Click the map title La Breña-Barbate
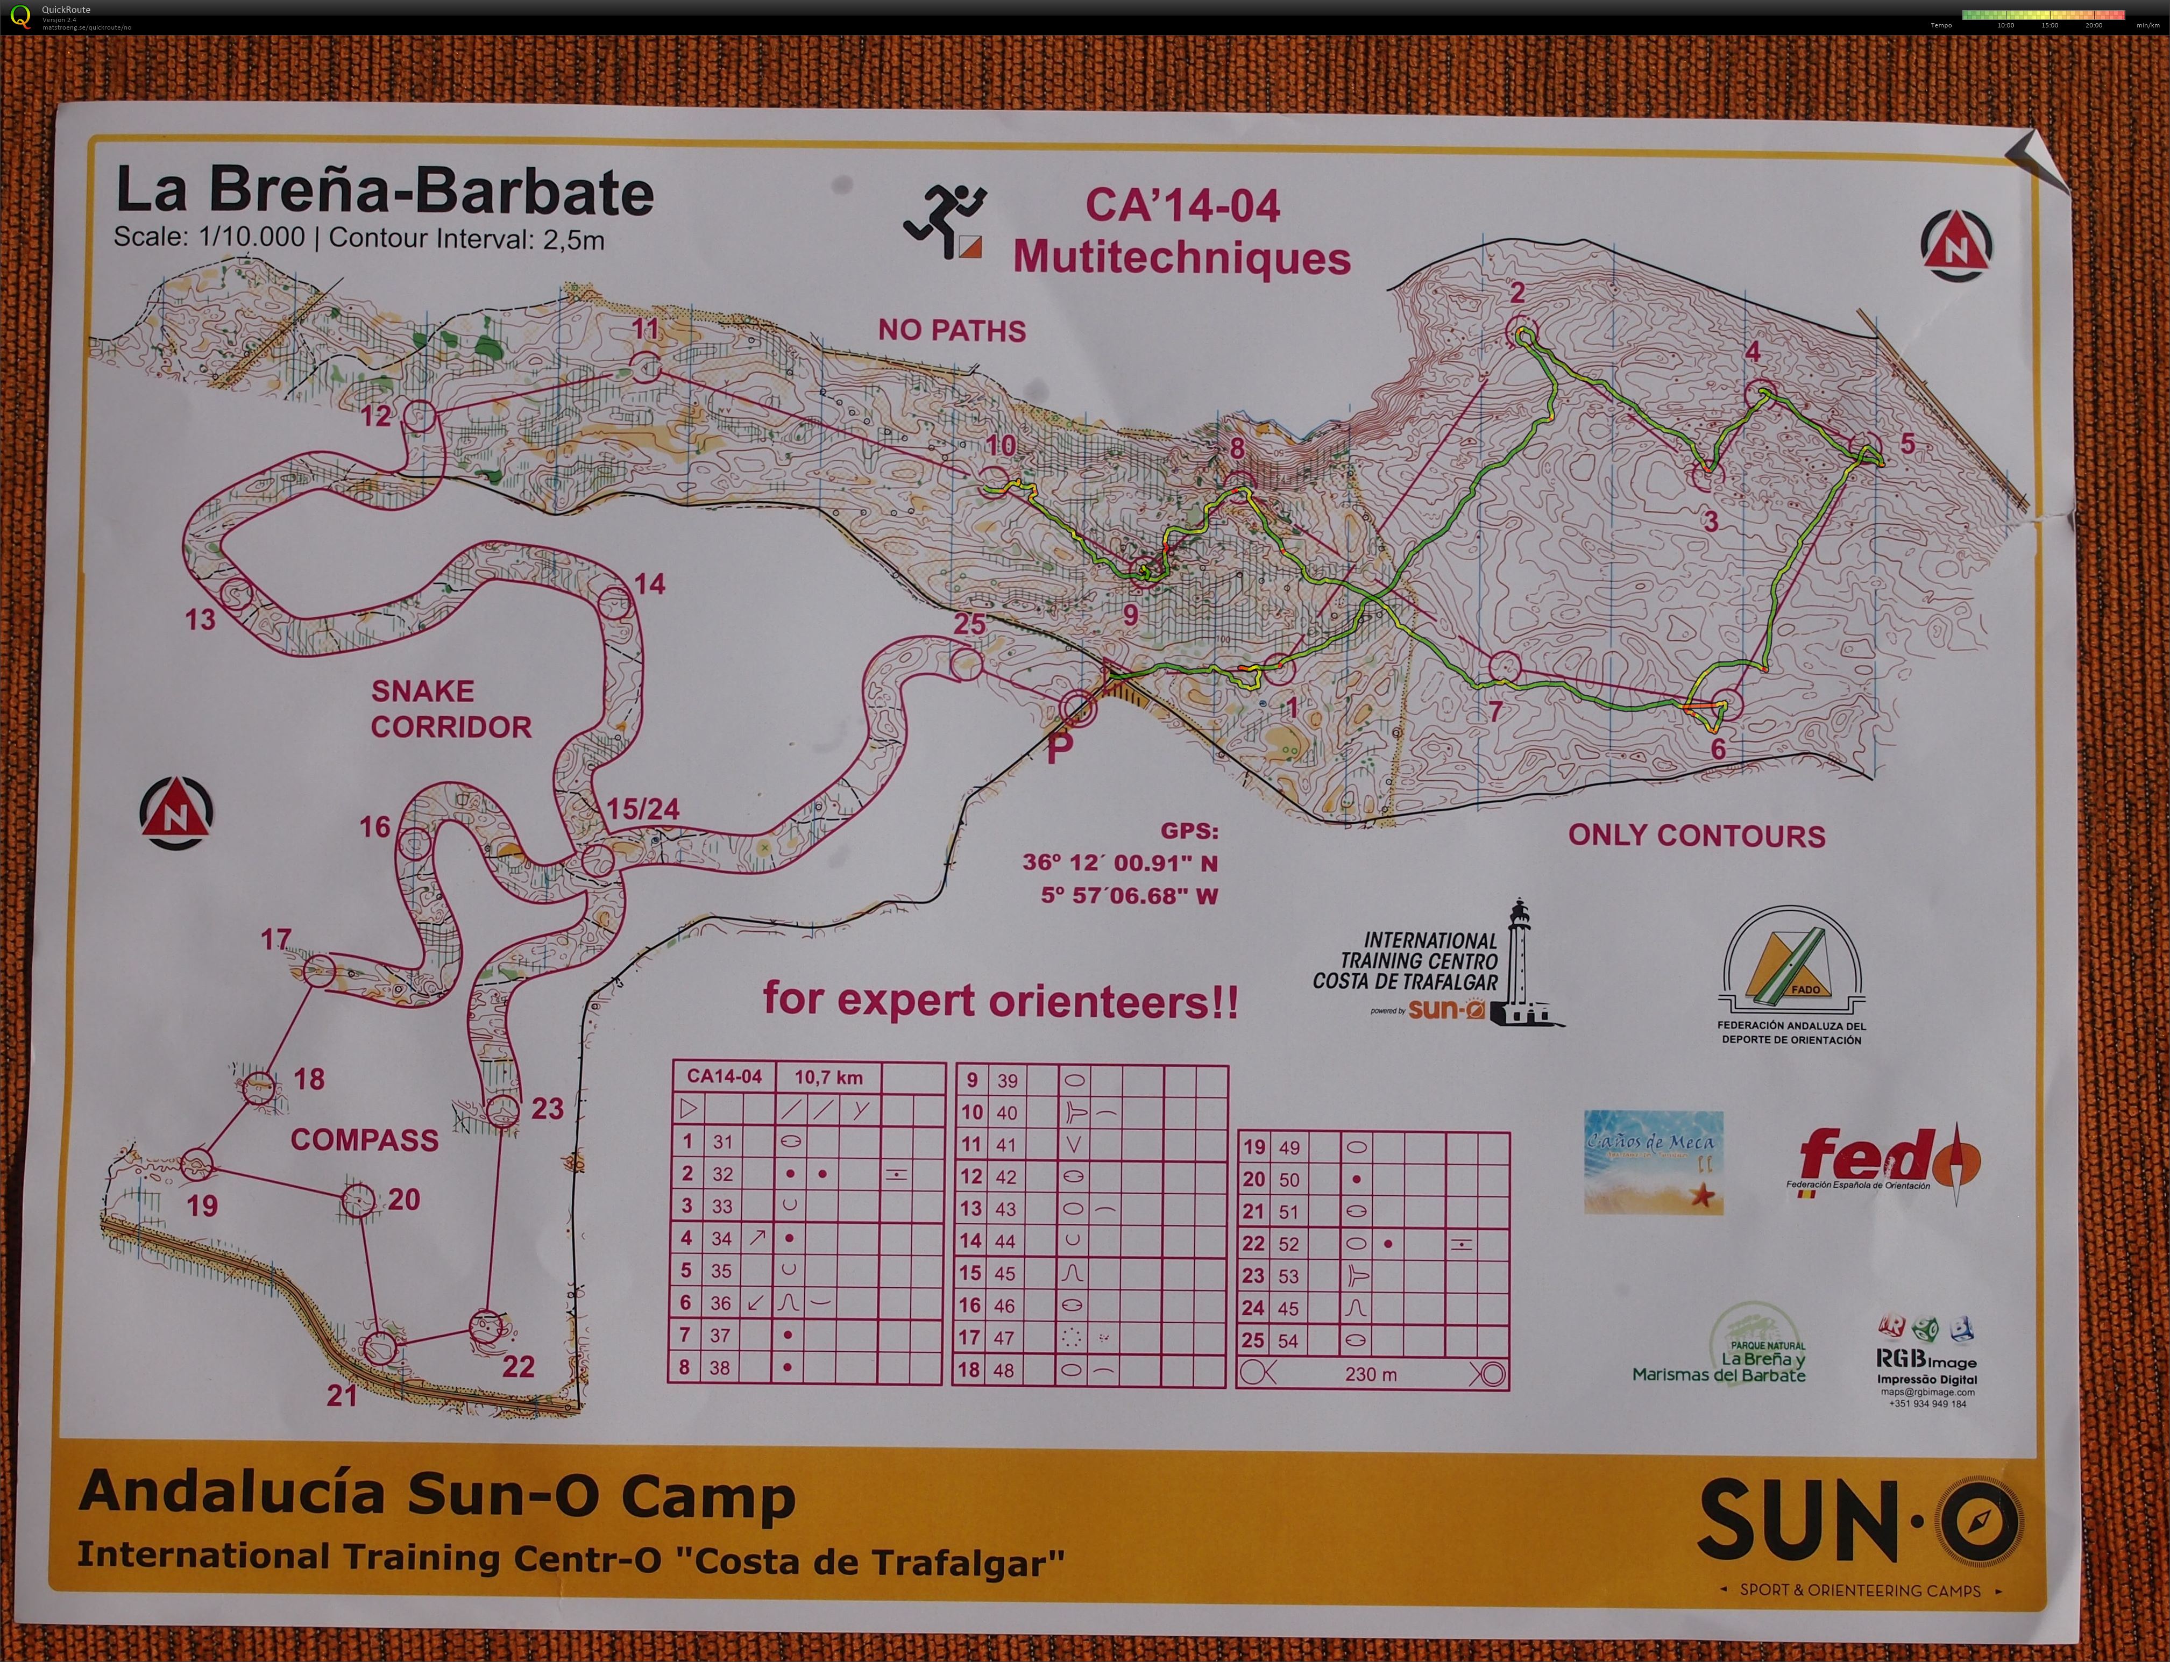coord(384,191)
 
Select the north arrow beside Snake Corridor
coord(176,813)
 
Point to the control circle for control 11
coord(644,367)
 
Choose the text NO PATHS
coord(951,331)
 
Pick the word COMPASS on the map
coord(364,1140)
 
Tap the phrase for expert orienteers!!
coord(999,1001)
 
